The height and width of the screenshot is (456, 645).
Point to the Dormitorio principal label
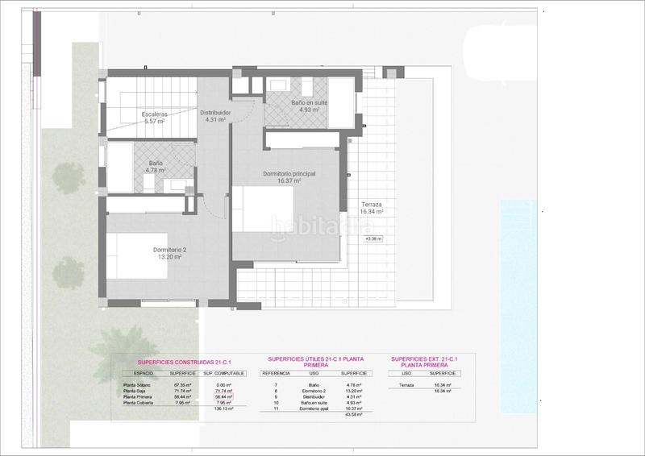tap(289, 174)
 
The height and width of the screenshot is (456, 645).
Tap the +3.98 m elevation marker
tap(373, 238)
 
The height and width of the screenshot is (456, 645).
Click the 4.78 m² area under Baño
tap(155, 170)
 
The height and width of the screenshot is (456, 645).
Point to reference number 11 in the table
tap(277, 408)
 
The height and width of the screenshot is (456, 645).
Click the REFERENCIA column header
tap(276, 374)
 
